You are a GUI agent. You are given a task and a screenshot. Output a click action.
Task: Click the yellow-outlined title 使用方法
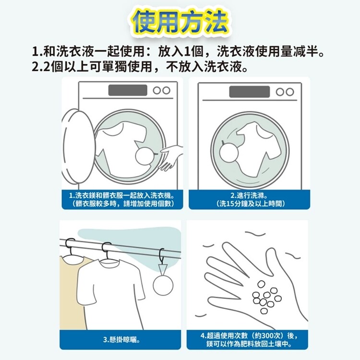(x=180, y=22)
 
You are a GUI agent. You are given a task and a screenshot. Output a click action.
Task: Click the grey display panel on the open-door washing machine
(x=128, y=90)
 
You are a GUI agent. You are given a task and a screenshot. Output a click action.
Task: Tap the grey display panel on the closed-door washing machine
(x=249, y=92)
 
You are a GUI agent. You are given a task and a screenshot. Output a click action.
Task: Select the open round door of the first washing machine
(x=78, y=146)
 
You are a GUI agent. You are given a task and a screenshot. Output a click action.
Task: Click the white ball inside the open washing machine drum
(x=145, y=156)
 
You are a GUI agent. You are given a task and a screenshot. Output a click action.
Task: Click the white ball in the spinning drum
(x=228, y=153)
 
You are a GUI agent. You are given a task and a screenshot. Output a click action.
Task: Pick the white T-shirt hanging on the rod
(x=110, y=294)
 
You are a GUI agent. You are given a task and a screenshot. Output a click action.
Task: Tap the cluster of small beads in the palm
(x=266, y=297)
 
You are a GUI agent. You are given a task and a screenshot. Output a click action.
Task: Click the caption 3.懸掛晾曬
(x=121, y=339)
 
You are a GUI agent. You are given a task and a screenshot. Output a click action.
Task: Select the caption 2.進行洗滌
(x=249, y=196)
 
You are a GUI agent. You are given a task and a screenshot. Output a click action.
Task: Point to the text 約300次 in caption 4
(x=270, y=336)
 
